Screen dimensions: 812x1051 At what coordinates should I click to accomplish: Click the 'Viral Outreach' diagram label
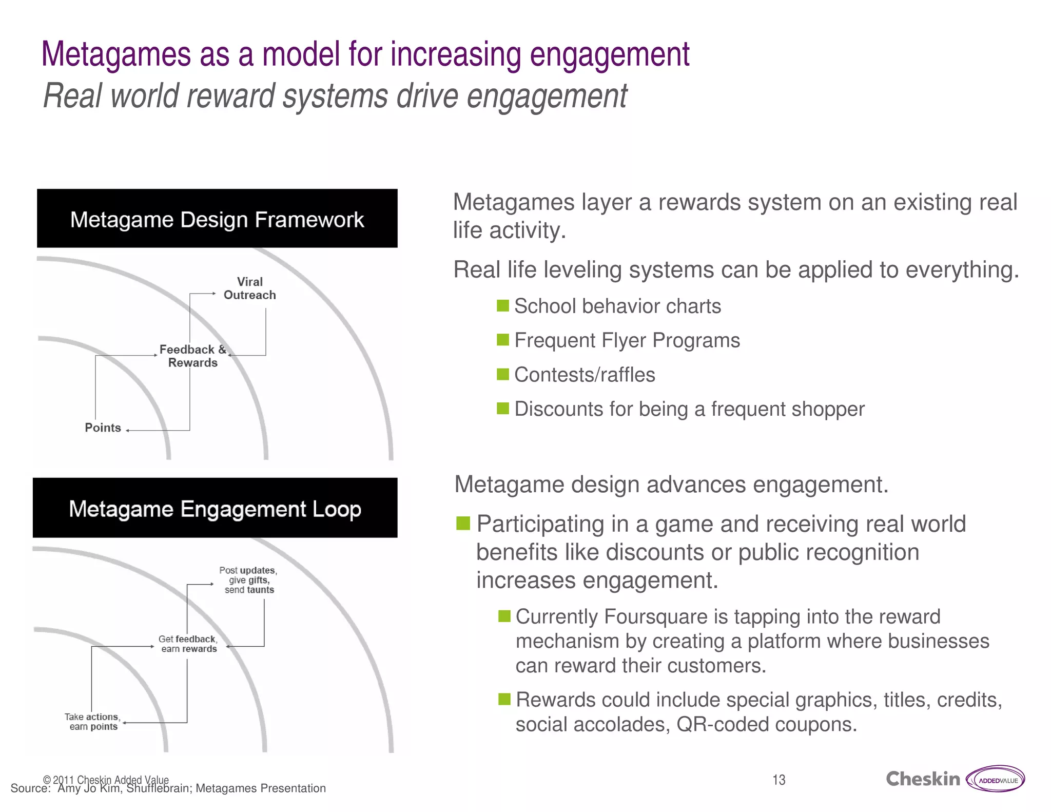tap(249, 288)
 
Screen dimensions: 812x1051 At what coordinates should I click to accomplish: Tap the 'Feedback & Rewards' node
tap(193, 356)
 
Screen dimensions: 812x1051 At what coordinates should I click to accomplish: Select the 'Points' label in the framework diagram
tap(103, 428)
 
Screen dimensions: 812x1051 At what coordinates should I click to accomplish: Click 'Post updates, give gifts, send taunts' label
tap(248, 580)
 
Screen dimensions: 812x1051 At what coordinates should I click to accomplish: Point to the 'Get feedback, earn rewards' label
tap(188, 644)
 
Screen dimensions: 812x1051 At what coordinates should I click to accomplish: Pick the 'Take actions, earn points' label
tap(93, 722)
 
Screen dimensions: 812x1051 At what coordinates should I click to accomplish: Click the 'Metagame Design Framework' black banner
tap(217, 219)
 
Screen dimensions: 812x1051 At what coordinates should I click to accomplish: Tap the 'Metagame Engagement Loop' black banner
tap(215, 508)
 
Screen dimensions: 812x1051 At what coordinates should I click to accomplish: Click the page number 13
tap(778, 780)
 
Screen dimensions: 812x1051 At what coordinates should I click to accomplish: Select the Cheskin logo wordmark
tap(923, 779)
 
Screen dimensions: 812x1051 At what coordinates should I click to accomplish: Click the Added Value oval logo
tap(996, 780)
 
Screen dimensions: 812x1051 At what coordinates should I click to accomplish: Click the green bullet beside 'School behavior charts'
tap(503, 306)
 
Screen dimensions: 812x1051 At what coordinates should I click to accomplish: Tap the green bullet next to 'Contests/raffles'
tap(503, 374)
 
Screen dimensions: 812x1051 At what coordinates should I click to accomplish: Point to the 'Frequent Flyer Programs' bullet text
tap(627, 340)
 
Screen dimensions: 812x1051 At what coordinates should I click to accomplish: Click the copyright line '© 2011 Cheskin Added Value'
tap(106, 780)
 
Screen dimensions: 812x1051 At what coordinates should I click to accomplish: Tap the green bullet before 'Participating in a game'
tap(463, 524)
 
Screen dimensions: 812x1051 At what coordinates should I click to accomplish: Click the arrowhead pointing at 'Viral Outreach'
tap(214, 294)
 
